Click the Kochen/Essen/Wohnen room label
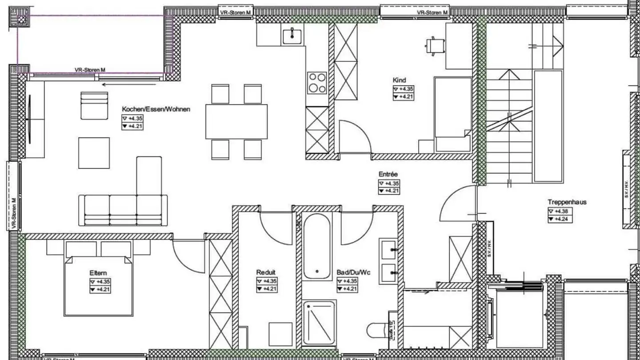156,109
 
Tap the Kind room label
399,80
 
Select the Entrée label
388,175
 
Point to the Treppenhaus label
567,202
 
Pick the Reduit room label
266,272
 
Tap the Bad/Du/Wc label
353,272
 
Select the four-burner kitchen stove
317,83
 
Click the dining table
236,121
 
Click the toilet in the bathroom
376,331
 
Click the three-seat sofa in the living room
123,210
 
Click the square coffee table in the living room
94,153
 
